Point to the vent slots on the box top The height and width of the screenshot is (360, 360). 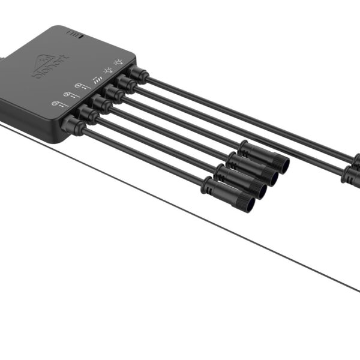[74, 34]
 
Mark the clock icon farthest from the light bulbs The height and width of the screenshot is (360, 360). [55, 104]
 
